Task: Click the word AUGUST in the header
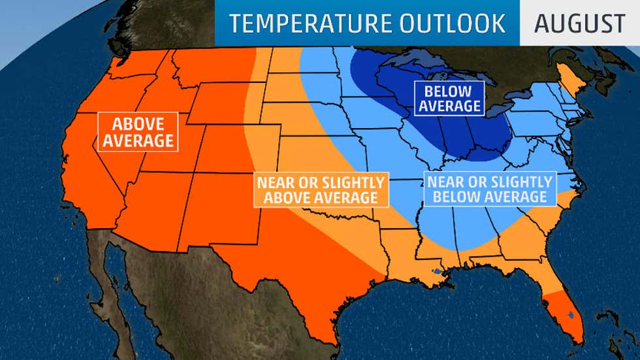pos(579,24)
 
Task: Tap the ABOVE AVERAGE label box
pos(138,132)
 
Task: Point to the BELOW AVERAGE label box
pos(450,98)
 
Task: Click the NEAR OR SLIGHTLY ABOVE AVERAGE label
pos(320,189)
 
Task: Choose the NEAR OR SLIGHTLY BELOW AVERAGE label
pos(488,189)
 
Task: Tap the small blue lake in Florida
pos(571,316)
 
